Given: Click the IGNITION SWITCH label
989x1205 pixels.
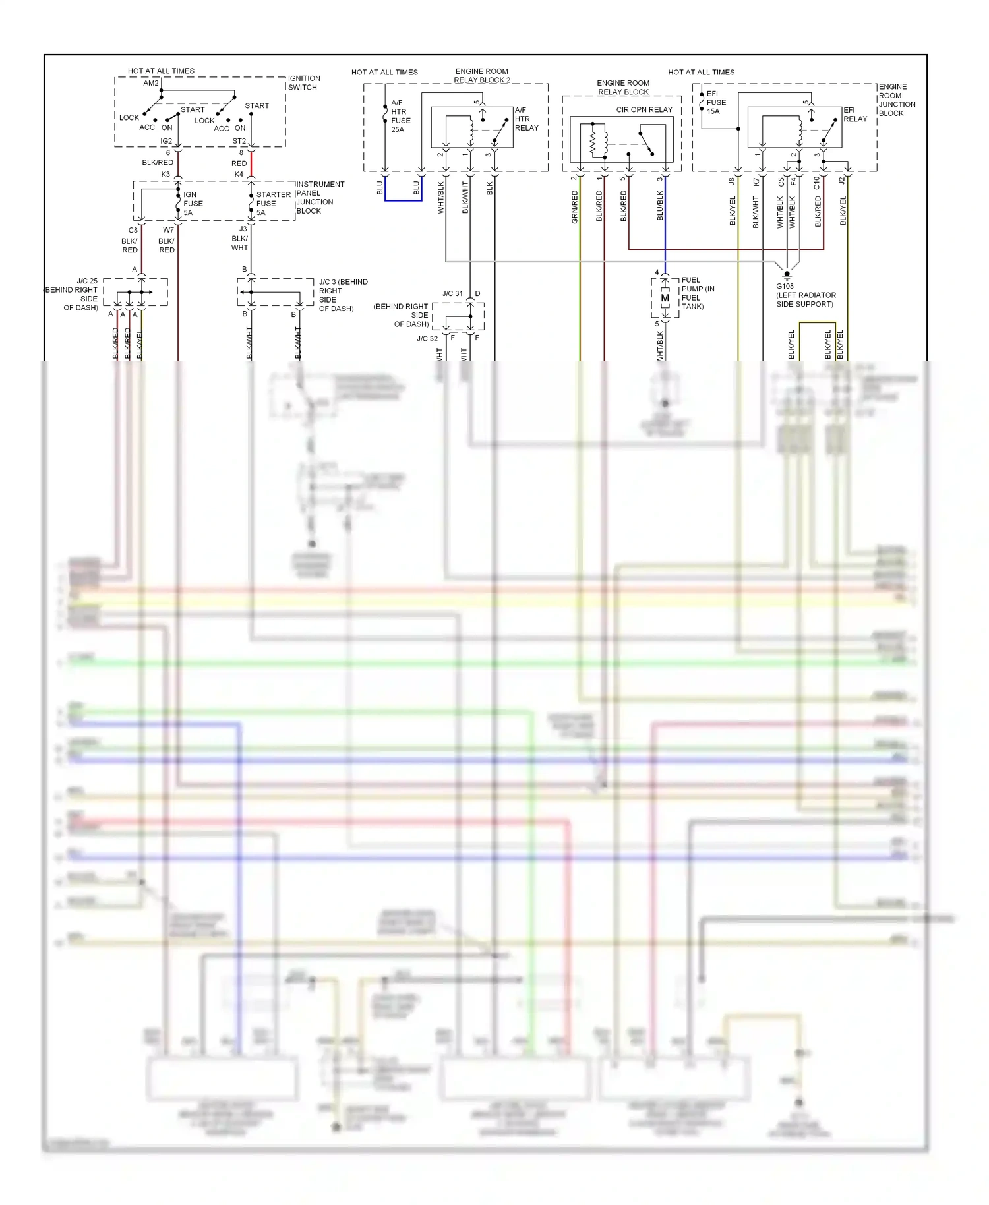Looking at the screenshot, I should (303, 83).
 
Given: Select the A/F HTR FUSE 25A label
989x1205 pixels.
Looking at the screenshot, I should (400, 116).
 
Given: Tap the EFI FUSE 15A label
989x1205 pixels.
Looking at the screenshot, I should (716, 102).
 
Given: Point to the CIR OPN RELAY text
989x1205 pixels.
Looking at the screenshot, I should (644, 110).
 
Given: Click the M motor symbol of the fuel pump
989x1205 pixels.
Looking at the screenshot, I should (665, 298).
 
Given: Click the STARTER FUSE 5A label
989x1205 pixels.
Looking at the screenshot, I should (273, 203).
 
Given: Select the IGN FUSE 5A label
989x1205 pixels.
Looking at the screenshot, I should (193, 203).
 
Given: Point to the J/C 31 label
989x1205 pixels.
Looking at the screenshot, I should (452, 293).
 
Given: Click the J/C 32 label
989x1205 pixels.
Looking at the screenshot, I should (427, 338).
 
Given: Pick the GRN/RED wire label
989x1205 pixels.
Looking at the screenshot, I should (574, 207).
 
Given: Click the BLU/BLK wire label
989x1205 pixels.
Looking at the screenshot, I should (659, 205).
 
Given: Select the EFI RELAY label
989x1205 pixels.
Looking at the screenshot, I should (854, 115).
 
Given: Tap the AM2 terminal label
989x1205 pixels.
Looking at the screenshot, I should (151, 83).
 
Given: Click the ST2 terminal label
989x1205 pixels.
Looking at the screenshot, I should (239, 141).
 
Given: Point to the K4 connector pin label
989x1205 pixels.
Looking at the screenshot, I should (239, 175).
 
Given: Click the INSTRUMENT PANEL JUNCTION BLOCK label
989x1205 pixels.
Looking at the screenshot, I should (319, 197).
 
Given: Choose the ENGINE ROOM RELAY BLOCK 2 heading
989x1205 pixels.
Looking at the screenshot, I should (481, 75).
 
